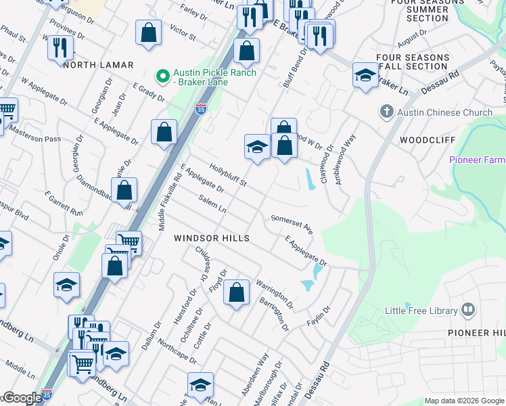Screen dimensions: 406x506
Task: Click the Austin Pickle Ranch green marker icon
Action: (x=162, y=75)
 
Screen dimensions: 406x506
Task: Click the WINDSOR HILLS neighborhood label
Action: (x=212, y=238)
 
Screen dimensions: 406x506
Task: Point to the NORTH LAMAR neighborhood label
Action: (x=99, y=65)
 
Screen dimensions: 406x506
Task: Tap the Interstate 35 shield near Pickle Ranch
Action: (x=200, y=109)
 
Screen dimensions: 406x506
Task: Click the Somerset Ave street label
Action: (x=292, y=224)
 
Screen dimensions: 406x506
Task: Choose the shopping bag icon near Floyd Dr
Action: (x=236, y=293)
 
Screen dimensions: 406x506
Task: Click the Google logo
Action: (x=22, y=399)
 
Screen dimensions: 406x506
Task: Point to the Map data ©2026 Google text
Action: (x=464, y=401)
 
